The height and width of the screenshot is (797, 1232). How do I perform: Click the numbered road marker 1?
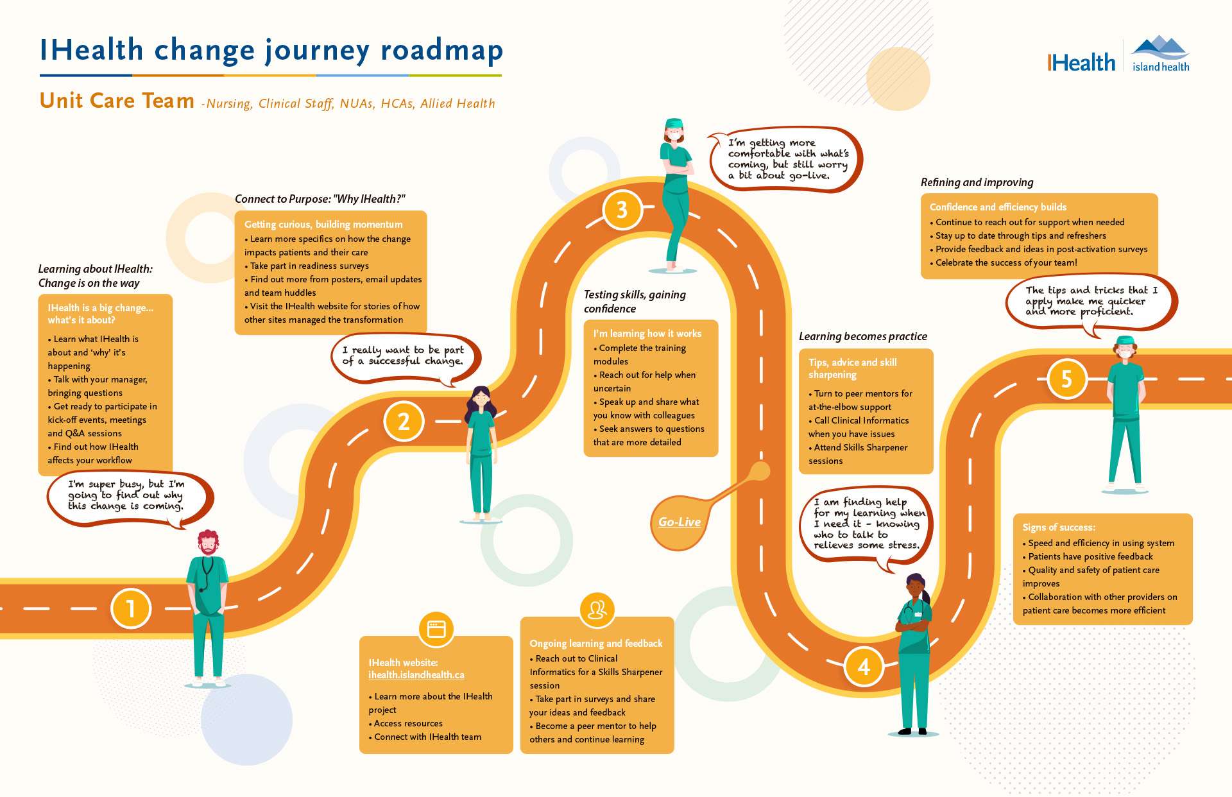pos(131,608)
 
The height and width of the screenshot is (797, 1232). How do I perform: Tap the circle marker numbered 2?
pos(404,422)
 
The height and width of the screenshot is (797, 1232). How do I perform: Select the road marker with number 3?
pos(622,210)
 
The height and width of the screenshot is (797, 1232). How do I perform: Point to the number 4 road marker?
pos(864,667)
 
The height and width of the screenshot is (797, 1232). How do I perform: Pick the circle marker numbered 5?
pos(1066,379)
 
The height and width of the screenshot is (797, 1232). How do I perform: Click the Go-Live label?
pos(680,522)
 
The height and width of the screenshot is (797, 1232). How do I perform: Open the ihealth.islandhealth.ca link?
pos(416,675)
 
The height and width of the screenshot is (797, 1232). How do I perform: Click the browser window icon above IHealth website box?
pos(436,629)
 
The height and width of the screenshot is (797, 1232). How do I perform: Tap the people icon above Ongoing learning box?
pos(597,609)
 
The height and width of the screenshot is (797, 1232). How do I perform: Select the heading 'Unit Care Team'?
pos(117,101)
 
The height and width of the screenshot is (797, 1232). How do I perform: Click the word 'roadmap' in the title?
pos(441,51)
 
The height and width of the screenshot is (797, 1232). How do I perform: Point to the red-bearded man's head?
pos(207,543)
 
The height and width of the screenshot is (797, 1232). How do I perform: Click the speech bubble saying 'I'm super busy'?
pos(128,496)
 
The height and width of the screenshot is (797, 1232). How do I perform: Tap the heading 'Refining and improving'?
pos(977,182)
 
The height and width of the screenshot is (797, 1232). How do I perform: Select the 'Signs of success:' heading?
pos(1059,527)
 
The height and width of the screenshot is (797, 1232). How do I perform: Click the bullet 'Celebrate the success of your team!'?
pos(1005,262)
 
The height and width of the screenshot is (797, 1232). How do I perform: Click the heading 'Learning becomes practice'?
pos(862,336)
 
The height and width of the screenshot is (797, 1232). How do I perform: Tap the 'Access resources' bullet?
pos(408,723)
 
